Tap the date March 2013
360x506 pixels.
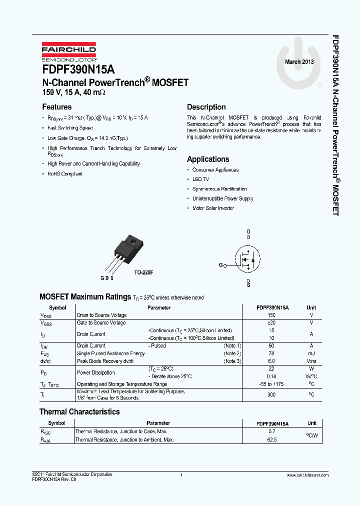[x=299, y=62]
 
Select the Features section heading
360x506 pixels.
[x=56, y=107]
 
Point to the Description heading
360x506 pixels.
[x=206, y=107]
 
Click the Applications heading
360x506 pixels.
[x=208, y=159]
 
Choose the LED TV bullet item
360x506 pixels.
[x=200, y=179]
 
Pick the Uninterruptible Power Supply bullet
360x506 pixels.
[x=222, y=198]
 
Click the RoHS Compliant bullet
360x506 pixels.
[x=65, y=174]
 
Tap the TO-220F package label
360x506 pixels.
[x=143, y=273]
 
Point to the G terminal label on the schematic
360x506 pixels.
[x=220, y=265]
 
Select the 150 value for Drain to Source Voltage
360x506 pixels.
[x=271, y=315]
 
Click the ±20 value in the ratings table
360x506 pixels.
[x=271, y=323]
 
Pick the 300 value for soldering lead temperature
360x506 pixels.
[x=271, y=394]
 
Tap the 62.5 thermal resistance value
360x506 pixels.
[x=272, y=440]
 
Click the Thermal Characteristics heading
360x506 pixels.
[x=79, y=412]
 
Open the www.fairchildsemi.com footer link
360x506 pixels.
[x=307, y=475]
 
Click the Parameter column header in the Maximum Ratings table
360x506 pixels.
[x=159, y=308]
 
